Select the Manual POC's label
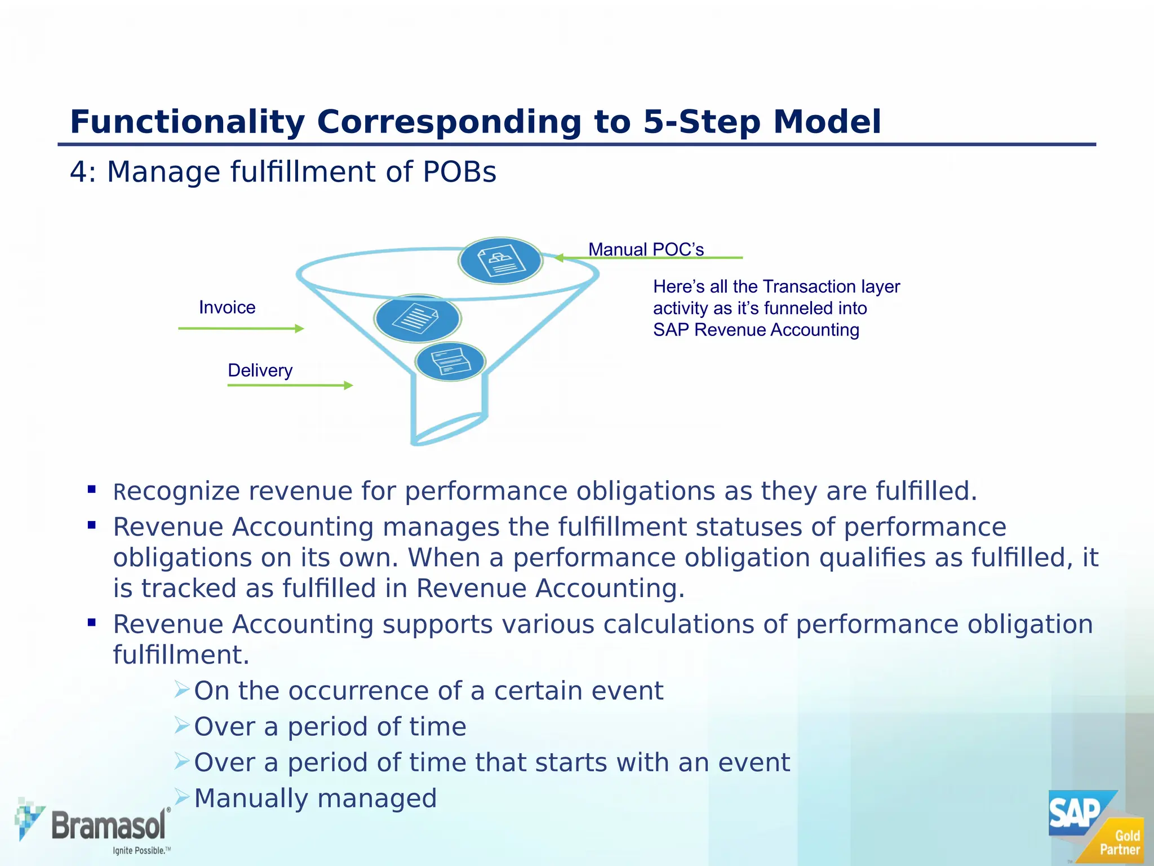coord(646,249)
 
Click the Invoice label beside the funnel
coord(227,307)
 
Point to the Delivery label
coord(260,370)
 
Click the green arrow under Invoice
coord(241,328)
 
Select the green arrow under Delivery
coord(290,385)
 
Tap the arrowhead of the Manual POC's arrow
coord(559,258)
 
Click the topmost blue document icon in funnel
coord(500,261)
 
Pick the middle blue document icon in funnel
coord(418,319)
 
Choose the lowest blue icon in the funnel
coord(450,361)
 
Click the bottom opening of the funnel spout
coord(449,431)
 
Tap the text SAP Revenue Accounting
coord(756,330)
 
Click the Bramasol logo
coord(93,825)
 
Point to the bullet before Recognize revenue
coord(92,489)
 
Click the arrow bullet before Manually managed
coord(181,797)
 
